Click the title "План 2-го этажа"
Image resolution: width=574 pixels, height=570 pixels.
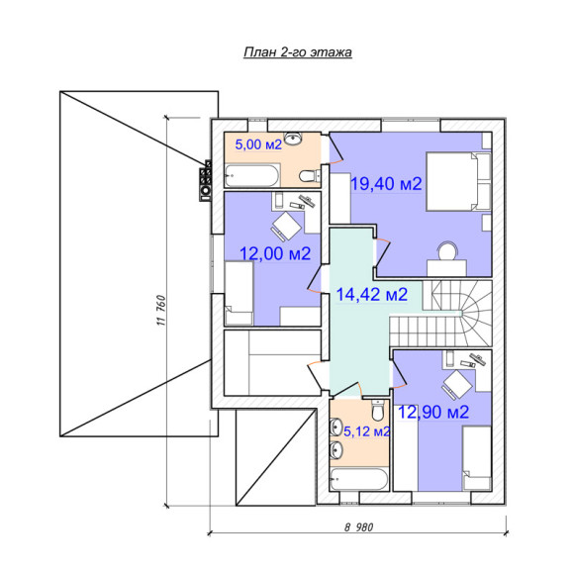pos(298,52)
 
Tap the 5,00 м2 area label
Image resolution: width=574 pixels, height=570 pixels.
pos(258,144)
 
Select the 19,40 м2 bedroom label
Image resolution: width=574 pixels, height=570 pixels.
pos(386,183)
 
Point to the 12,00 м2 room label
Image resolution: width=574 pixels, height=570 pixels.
pos(275,253)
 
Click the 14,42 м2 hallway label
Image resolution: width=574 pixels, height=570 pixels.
pos(371,294)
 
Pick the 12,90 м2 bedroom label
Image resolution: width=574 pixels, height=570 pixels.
pos(433,413)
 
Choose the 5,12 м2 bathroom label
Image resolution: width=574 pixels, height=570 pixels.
pos(367,431)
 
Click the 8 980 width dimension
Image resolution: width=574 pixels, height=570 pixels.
pos(358,527)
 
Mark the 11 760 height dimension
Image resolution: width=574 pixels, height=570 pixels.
pos(161,311)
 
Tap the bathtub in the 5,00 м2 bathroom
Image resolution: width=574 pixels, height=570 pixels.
pos(251,175)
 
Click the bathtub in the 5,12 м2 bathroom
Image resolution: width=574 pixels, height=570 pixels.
pos(358,479)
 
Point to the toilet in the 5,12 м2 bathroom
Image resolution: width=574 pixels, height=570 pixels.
pos(377,410)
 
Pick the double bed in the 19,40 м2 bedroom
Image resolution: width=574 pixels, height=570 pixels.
pos(458,181)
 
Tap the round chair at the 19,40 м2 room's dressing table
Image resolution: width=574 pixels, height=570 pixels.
pos(448,250)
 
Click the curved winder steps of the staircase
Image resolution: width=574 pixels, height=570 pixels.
pos(476,313)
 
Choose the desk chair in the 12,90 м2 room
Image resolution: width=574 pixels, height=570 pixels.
pos(457,386)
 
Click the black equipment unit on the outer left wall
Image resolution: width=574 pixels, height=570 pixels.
pos(206,180)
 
